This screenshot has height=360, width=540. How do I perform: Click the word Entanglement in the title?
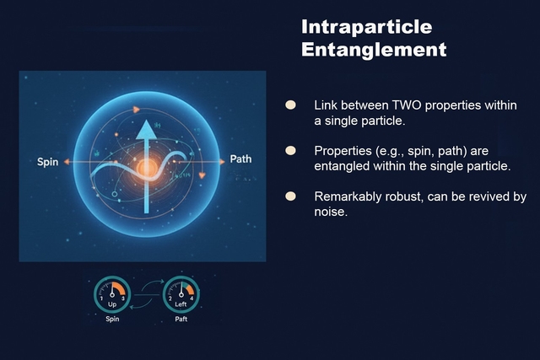point(374,50)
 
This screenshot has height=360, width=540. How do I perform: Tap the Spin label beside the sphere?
point(48,162)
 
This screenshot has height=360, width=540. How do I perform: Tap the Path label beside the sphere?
point(240,159)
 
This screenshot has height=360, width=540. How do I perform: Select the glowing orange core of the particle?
point(145,169)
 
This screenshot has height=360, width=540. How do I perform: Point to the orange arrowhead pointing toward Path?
point(223,160)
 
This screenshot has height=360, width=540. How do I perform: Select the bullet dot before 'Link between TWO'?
point(290,105)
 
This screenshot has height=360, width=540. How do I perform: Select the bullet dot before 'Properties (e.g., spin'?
point(290,150)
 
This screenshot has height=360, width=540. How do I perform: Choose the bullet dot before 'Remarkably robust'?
point(290,196)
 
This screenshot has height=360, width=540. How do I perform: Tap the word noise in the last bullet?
point(331,212)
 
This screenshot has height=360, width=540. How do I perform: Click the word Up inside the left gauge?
point(112,304)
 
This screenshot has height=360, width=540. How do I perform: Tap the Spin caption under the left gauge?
point(112,320)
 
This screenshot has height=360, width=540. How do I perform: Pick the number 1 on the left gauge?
point(101,299)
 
